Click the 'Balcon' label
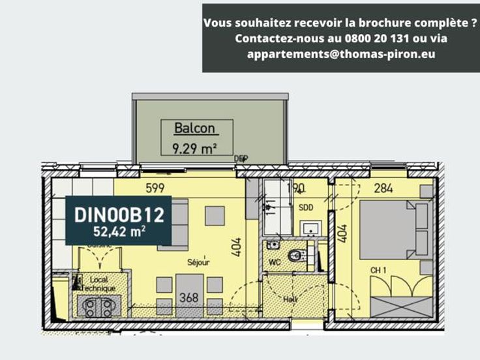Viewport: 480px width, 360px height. tap(194, 128)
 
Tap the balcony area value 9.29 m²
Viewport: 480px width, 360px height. tap(194, 149)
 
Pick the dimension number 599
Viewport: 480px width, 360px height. tap(154, 188)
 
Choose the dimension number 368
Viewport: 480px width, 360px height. tap(188, 298)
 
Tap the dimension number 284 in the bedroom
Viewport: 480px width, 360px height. tap(383, 189)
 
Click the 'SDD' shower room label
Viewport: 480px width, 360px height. tap(306, 207)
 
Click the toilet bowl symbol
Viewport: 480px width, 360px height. tap(297, 256)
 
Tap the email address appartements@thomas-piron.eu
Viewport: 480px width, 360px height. tap(341, 54)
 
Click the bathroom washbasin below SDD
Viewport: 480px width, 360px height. tap(310, 228)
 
